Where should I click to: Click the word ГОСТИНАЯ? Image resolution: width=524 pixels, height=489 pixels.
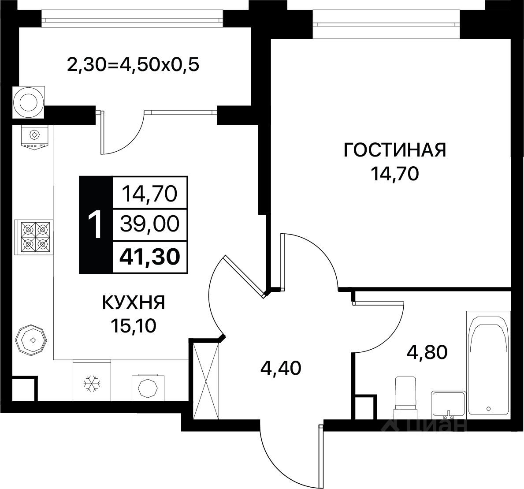[x=395, y=150]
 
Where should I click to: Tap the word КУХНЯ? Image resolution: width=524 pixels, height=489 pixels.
[x=134, y=302]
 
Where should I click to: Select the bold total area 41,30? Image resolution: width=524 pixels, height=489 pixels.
[x=150, y=257]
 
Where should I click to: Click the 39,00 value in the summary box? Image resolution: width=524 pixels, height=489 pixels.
[x=150, y=224]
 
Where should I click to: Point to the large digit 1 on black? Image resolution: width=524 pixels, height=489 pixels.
[x=95, y=226]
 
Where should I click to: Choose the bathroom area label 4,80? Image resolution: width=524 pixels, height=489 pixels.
[x=427, y=352]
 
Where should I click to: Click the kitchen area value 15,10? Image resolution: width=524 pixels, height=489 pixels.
[x=134, y=326]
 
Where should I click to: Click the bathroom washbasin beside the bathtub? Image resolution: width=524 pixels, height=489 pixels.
[x=448, y=404]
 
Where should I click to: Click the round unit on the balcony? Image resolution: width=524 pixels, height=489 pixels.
[x=28, y=102]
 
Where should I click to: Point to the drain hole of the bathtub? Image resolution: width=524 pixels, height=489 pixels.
[x=489, y=408]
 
